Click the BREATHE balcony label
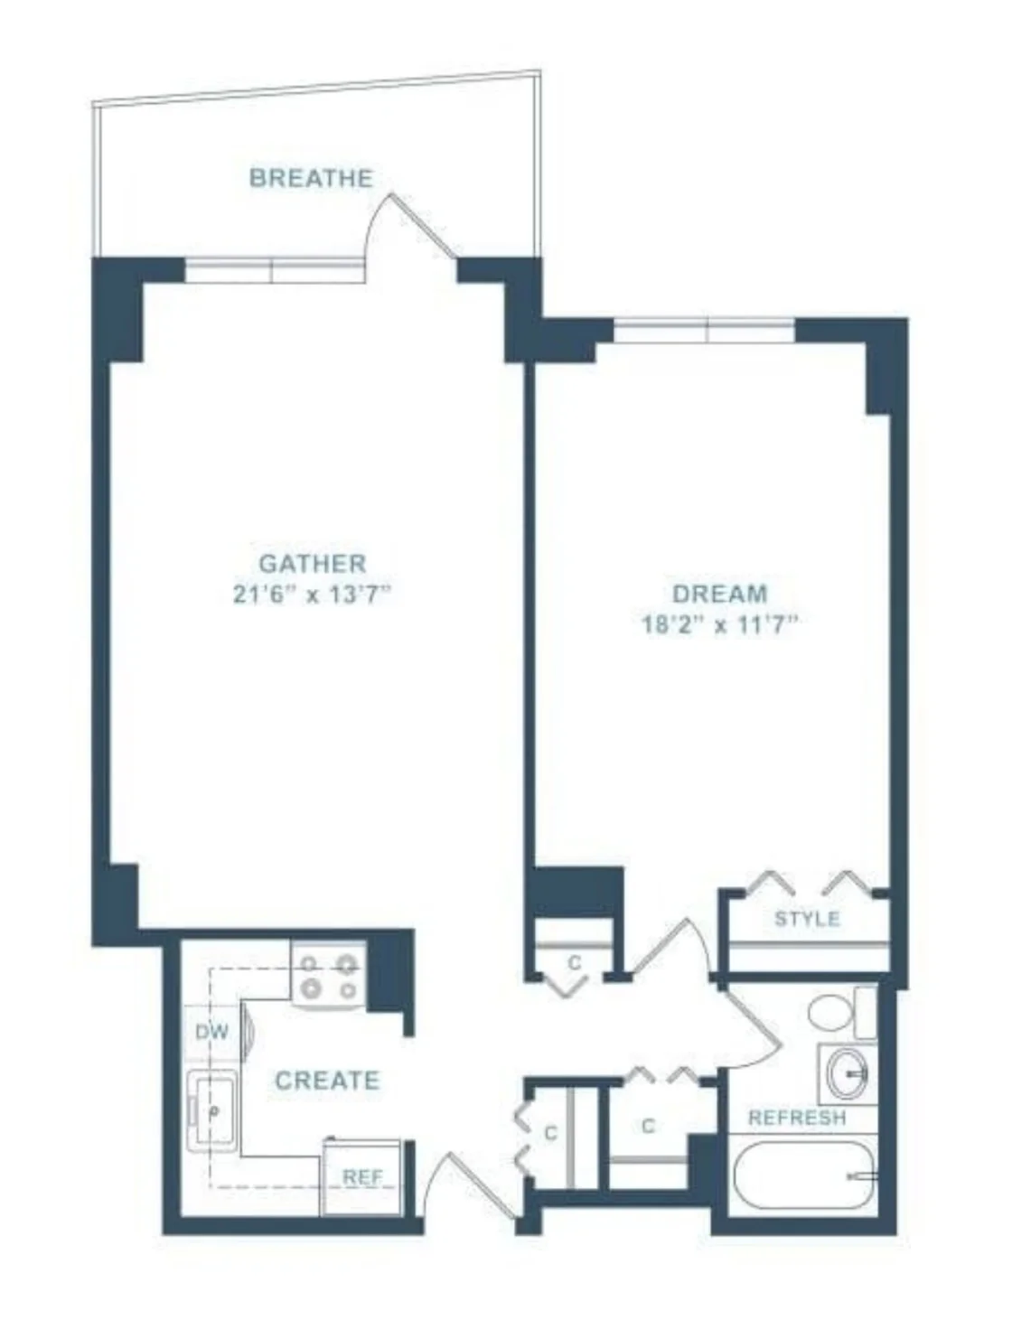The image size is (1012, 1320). (311, 178)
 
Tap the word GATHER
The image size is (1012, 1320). (313, 564)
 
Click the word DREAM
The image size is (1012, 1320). (720, 594)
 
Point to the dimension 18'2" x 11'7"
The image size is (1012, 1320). (720, 624)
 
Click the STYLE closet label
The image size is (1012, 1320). (807, 919)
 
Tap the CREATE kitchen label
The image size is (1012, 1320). (327, 1081)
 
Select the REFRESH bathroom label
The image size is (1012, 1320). (798, 1118)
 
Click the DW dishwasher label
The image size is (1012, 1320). (212, 1032)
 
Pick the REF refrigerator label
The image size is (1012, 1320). (362, 1177)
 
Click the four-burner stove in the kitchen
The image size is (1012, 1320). (329, 976)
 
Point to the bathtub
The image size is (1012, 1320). (802, 1175)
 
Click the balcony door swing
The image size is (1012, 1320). (411, 226)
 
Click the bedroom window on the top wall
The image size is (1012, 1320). (705, 330)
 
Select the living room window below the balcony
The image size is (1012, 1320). (273, 269)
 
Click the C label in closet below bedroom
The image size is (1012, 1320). (574, 963)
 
